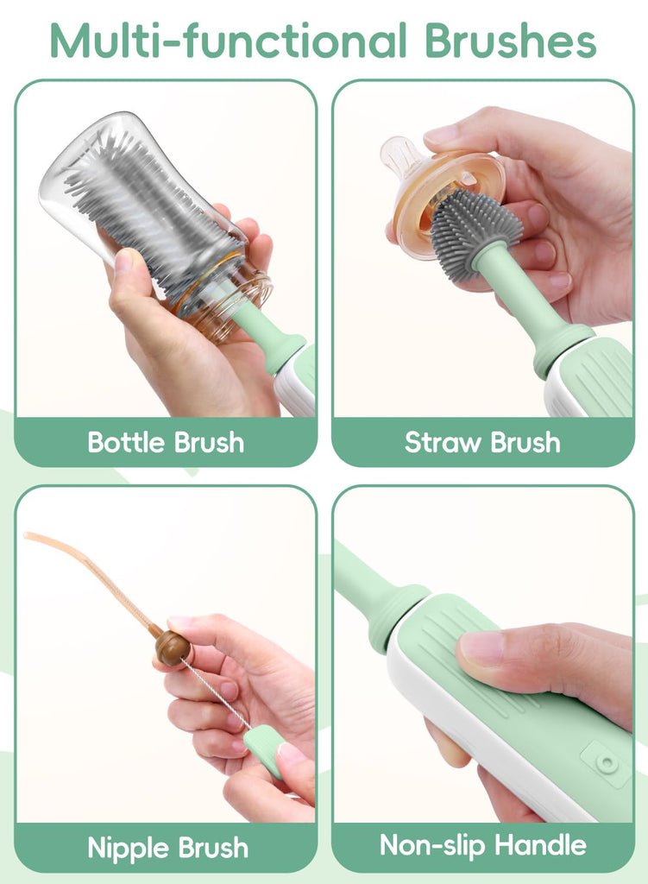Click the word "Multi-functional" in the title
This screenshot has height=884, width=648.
pyautogui.click(x=229, y=40)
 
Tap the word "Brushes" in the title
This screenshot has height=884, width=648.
pyautogui.click(x=511, y=40)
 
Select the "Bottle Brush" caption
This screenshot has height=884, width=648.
pyautogui.click(x=166, y=443)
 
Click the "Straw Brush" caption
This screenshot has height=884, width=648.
pyautogui.click(x=482, y=443)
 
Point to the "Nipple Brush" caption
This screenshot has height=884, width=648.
pyautogui.click(x=168, y=848)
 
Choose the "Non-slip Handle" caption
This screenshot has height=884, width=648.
pyautogui.click(x=483, y=846)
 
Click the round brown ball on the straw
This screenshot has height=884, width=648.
pyautogui.click(x=173, y=648)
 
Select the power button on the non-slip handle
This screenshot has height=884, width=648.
pyautogui.click(x=607, y=763)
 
